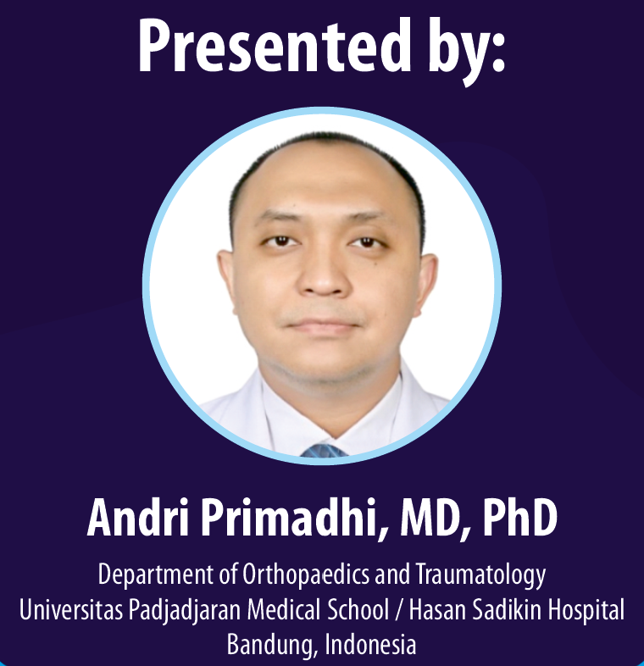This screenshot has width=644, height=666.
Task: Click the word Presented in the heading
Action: point(275,47)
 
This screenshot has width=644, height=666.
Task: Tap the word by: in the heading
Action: point(466,51)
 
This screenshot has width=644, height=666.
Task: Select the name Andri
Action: point(138,518)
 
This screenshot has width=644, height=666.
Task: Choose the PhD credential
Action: point(519,518)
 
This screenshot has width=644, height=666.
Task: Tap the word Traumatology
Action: point(480,575)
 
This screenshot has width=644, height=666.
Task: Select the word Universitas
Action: point(71,610)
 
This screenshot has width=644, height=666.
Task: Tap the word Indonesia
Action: point(370,644)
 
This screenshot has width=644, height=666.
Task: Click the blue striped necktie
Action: point(324,451)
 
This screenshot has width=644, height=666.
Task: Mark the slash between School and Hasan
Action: point(399,611)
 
